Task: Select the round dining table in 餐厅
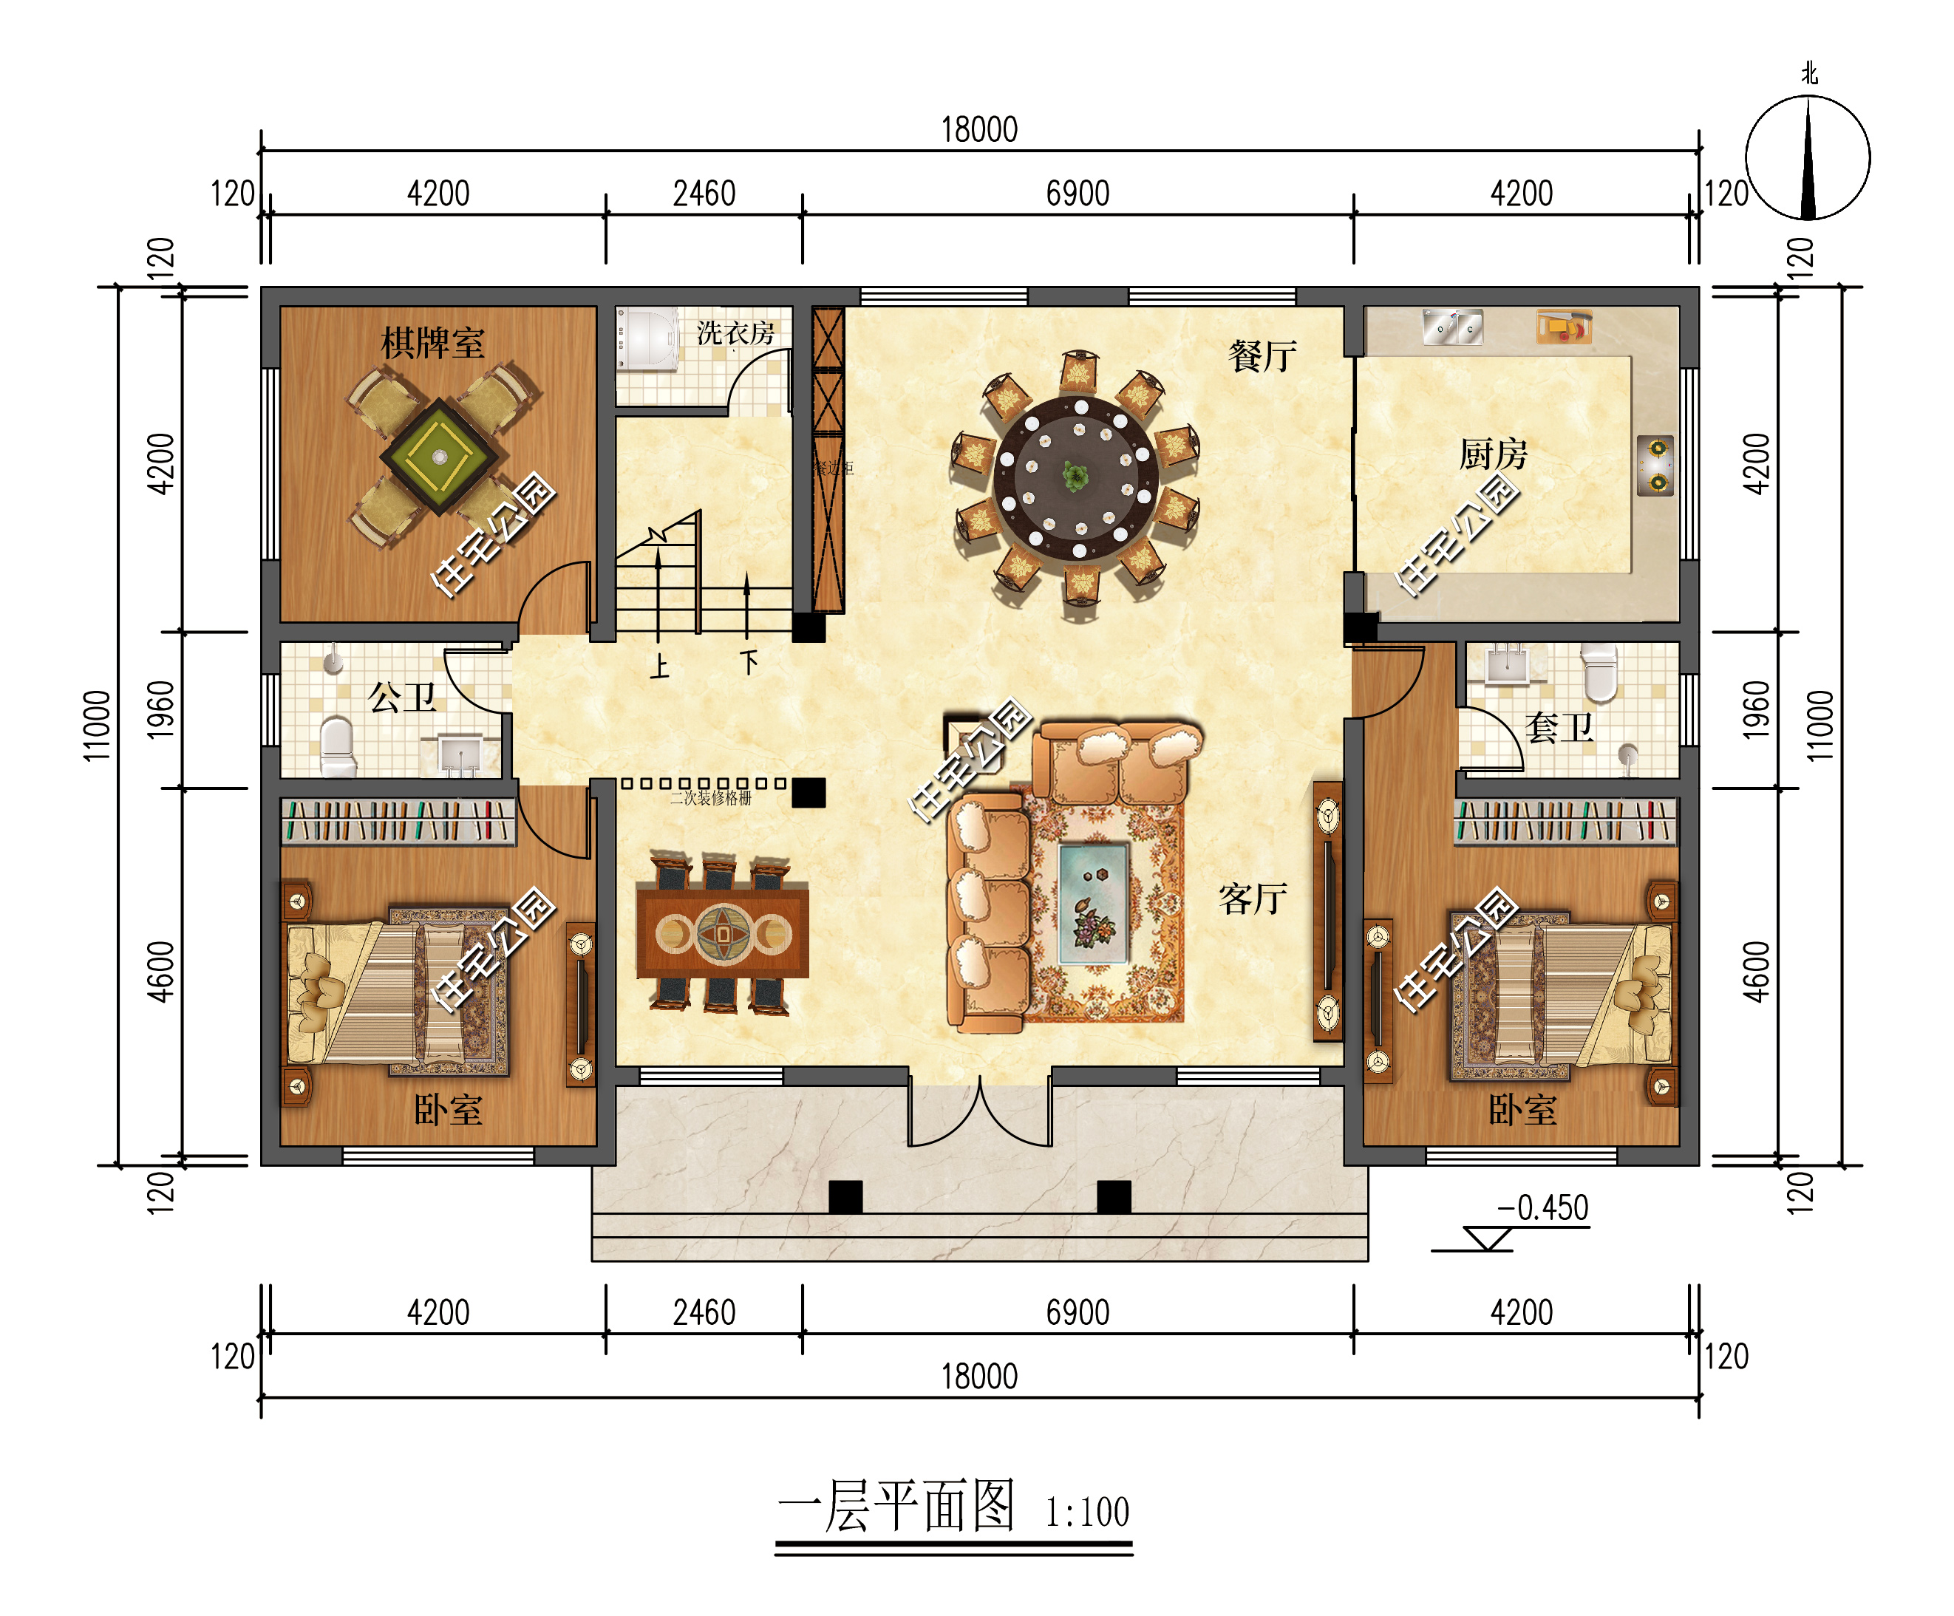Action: [1077, 479]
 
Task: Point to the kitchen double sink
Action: [1452, 327]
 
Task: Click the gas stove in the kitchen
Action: [1656, 466]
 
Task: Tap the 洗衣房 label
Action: [735, 333]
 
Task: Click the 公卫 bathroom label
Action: [402, 696]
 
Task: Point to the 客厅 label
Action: [1253, 899]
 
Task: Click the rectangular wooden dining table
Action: [722, 933]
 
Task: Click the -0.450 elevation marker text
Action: [1542, 1207]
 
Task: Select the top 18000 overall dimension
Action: [979, 129]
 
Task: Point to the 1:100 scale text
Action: [1087, 1511]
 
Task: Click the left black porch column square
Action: [845, 1196]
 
